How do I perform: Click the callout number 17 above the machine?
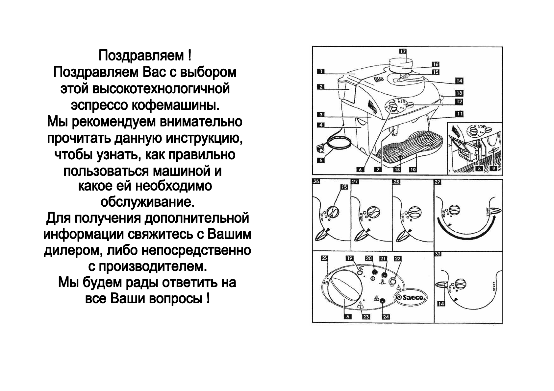[x=403, y=51]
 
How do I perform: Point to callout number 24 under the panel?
[x=386, y=317]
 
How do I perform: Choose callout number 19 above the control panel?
[x=349, y=258]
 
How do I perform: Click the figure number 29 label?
[x=438, y=182]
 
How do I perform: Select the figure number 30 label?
[x=438, y=254]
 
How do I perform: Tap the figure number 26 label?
[x=316, y=181]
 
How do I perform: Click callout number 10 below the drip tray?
[x=413, y=170]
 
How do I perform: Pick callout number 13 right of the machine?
[x=459, y=93]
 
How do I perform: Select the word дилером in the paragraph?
[x=70, y=251]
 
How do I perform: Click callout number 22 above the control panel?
[x=397, y=258]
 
